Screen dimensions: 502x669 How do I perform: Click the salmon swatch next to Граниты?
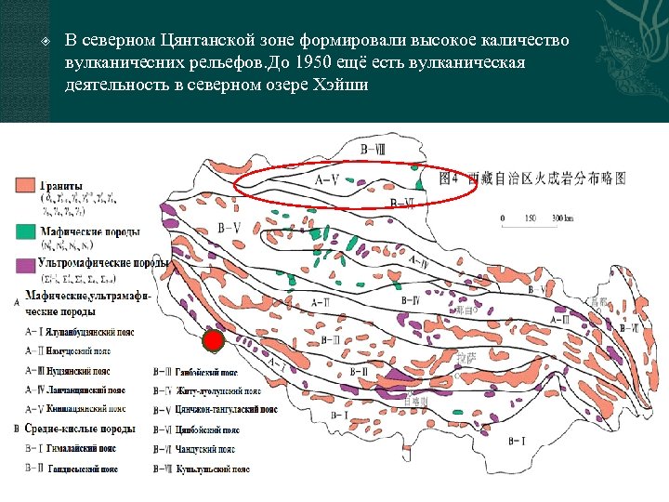pos(25,184)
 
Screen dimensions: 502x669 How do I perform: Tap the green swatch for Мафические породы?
pos(25,231)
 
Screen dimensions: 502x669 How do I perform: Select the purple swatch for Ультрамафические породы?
pos(25,264)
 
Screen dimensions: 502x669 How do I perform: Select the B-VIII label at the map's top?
pos(374,148)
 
